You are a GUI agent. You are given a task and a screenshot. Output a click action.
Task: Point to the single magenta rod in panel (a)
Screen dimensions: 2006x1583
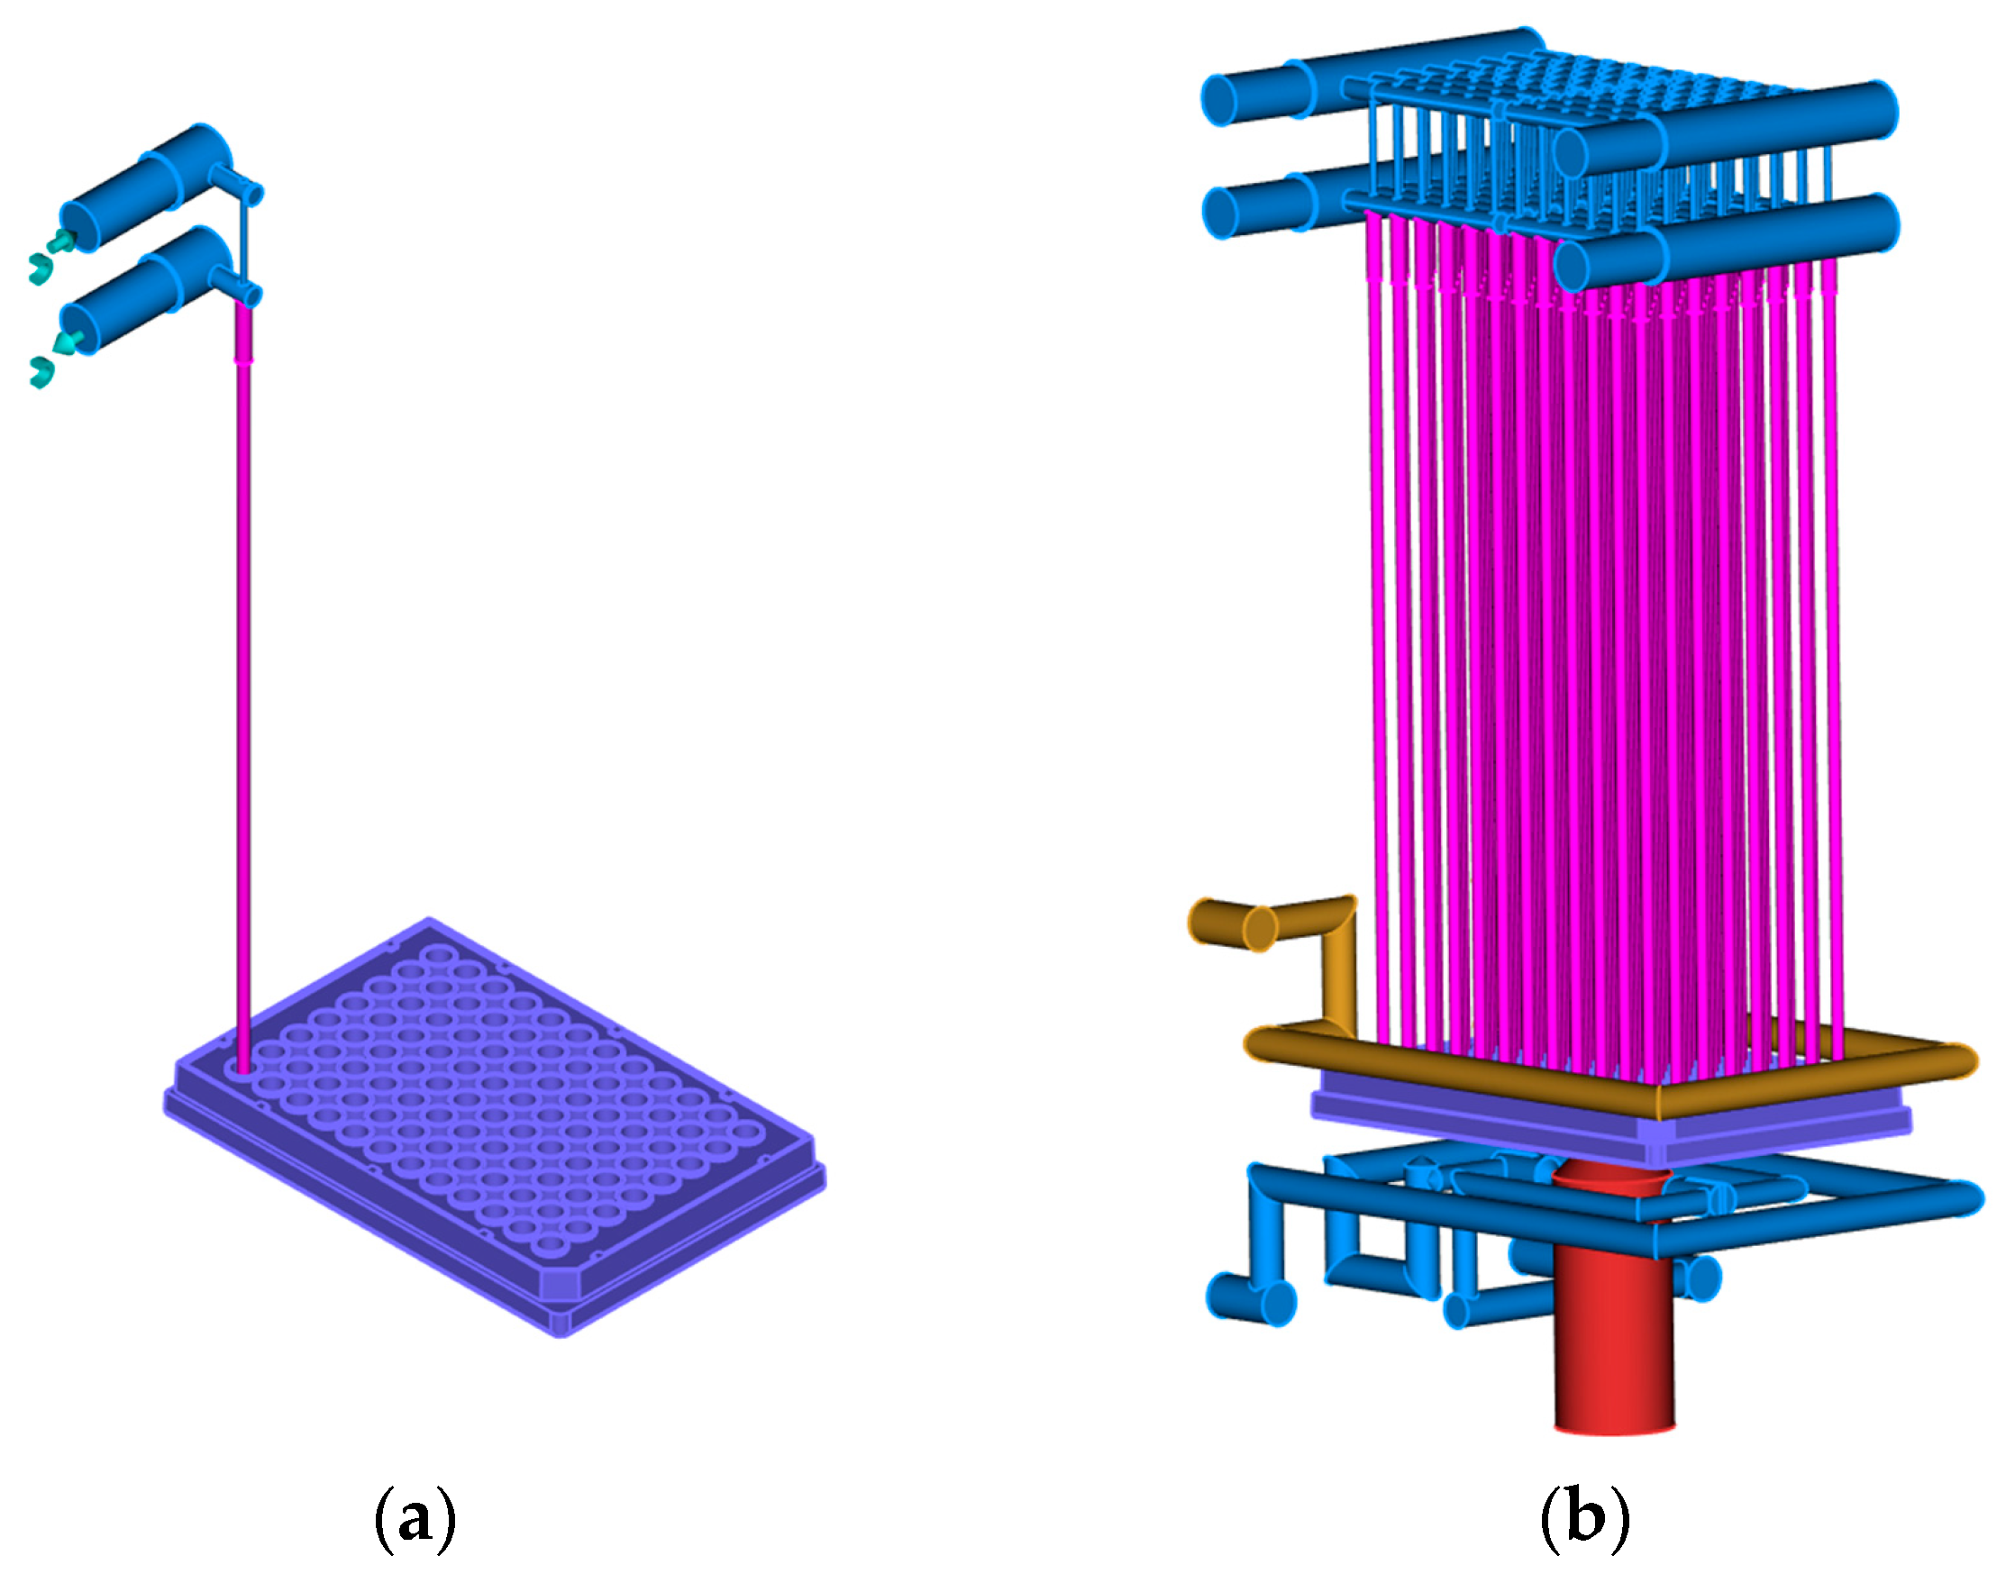coord(243,686)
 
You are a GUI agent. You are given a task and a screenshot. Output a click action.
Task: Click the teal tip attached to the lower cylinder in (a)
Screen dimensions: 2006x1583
coord(65,343)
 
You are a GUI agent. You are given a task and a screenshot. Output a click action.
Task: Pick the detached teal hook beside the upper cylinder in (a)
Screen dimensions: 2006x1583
coord(39,268)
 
